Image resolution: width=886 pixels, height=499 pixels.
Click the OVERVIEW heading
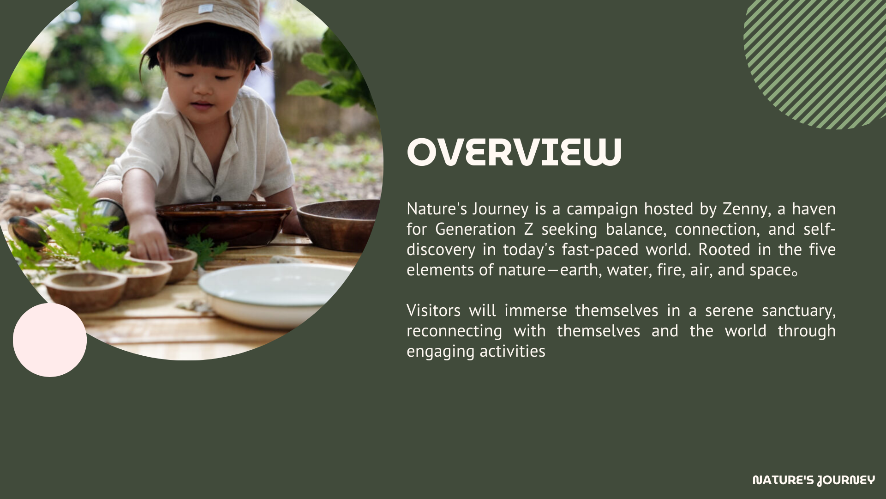pos(514,152)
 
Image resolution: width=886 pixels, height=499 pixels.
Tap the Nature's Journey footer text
pos(814,480)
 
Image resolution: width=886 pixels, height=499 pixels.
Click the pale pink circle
pos(50,340)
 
